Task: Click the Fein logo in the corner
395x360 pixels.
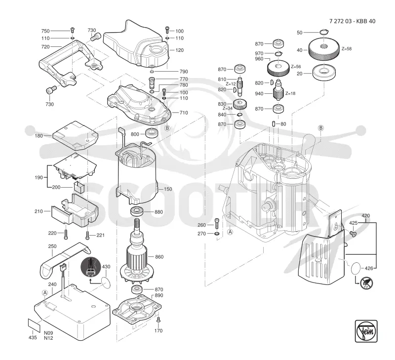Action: click(x=366, y=331)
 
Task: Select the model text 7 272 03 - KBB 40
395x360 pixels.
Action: click(x=352, y=21)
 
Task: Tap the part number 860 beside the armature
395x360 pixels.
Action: click(x=159, y=257)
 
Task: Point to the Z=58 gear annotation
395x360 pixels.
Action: click(x=347, y=49)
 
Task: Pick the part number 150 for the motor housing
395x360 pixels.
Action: click(x=168, y=189)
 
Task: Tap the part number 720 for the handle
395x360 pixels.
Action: click(x=45, y=46)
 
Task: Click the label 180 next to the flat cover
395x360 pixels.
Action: click(x=39, y=136)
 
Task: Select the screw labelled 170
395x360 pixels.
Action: click(x=158, y=320)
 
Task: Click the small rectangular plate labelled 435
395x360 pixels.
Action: click(x=34, y=325)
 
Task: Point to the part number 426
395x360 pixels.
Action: click(x=369, y=268)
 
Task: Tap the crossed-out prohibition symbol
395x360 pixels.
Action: click(x=366, y=283)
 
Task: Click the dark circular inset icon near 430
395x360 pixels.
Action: click(x=91, y=267)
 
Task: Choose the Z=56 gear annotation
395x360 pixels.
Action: click(x=296, y=67)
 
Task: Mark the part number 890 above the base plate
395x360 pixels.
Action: click(x=159, y=295)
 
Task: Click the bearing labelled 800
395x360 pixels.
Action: click(x=152, y=133)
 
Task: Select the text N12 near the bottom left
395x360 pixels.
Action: click(x=48, y=338)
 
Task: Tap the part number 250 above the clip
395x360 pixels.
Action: click(x=52, y=246)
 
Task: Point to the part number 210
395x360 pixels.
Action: click(x=39, y=211)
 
